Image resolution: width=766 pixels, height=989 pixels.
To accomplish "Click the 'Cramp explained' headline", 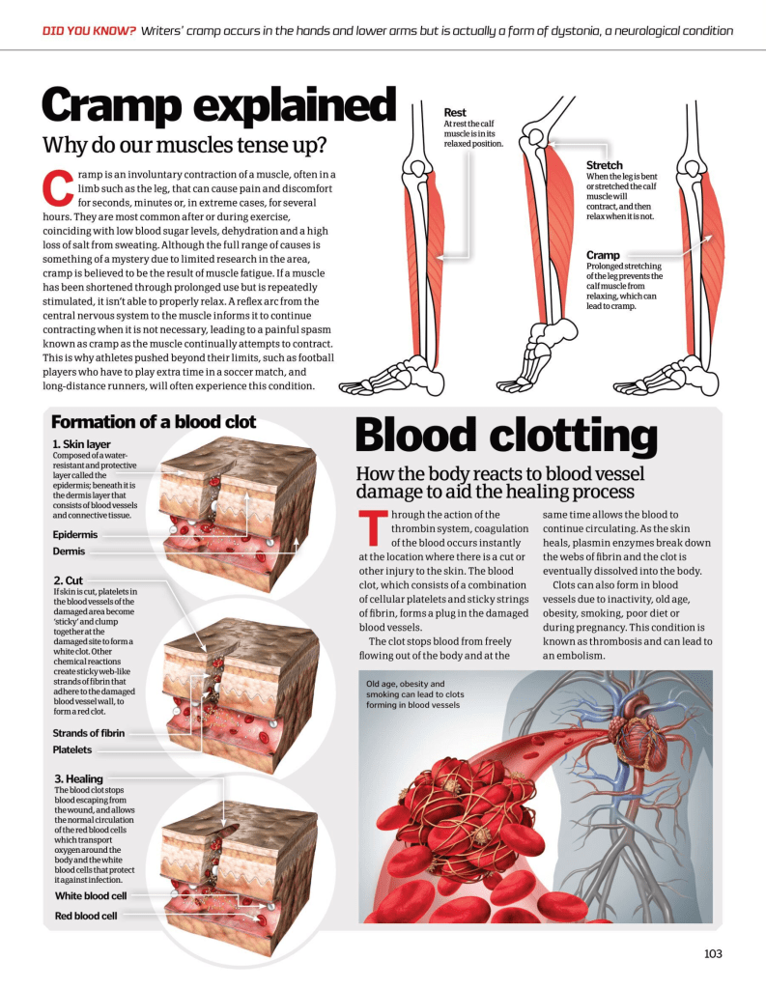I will pyautogui.click(x=218, y=105).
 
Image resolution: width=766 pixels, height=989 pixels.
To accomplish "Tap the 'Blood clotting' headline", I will pyautogui.click(x=506, y=435).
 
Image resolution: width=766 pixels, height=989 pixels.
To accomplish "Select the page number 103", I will pyautogui.click(x=713, y=954).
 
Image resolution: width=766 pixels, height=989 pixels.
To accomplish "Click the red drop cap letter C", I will pyautogui.click(x=58, y=187).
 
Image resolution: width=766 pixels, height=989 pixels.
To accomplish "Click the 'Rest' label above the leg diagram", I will pyautogui.click(x=455, y=113).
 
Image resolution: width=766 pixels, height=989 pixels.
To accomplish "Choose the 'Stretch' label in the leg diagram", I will pyautogui.click(x=605, y=165).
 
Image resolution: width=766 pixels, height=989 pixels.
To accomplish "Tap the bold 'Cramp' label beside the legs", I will pyautogui.click(x=604, y=255).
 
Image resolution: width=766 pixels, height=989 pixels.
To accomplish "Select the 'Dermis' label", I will pyautogui.click(x=69, y=551).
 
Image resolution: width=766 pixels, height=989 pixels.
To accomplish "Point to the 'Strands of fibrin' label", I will pyautogui.click(x=88, y=733).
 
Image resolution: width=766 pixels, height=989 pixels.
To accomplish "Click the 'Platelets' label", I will pyautogui.click(x=72, y=749).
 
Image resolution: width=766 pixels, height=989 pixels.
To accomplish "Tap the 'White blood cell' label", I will pyautogui.click(x=91, y=896).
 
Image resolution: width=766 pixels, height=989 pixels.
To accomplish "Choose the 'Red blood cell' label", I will pyautogui.click(x=86, y=916).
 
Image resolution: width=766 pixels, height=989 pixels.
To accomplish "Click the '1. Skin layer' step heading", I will pyautogui.click(x=81, y=444).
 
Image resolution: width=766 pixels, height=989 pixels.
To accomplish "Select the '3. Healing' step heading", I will pyautogui.click(x=78, y=778).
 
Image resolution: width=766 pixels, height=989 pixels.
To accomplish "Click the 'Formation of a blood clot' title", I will pyautogui.click(x=154, y=422).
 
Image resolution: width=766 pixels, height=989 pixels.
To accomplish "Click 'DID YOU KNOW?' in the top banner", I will pyautogui.click(x=89, y=31).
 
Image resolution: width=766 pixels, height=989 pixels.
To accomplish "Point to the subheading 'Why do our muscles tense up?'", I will pyautogui.click(x=184, y=146).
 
